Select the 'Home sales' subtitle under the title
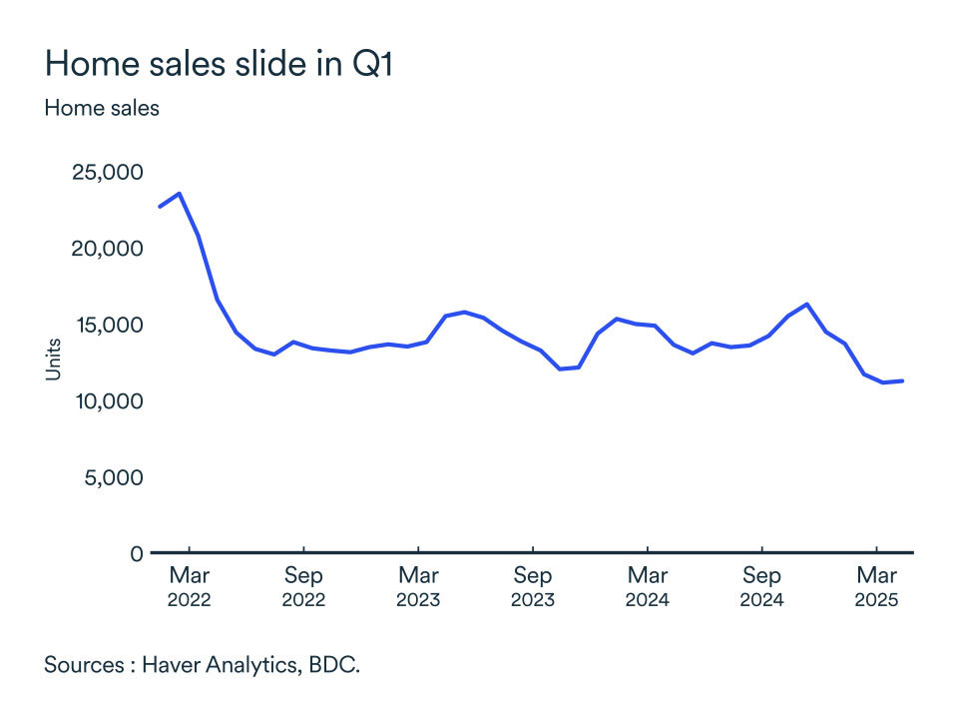[102, 108]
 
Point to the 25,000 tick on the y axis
[107, 173]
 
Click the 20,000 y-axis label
[107, 249]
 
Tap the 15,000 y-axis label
[107, 325]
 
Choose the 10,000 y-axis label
[107, 401]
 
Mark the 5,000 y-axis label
[112, 477]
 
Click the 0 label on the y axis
[136, 553]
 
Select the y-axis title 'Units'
[54, 360]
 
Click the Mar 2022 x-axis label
[189, 587]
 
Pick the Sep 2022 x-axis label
[303, 587]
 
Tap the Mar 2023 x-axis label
[418, 587]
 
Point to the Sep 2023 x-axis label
[533, 587]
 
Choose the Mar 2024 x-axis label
[648, 587]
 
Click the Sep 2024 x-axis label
[762, 587]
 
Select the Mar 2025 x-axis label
[877, 587]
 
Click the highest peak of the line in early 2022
[179, 194]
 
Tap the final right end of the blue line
[902, 380]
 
